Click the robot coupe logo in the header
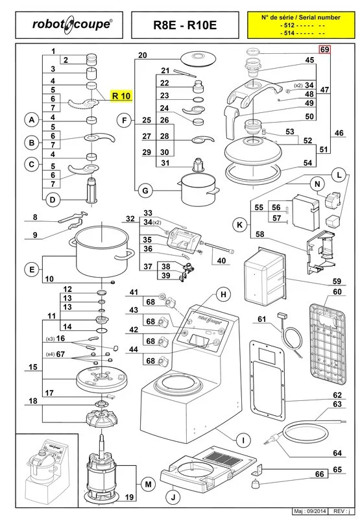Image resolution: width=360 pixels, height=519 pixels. point(72,25)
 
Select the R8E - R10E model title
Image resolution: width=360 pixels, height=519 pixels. point(185,25)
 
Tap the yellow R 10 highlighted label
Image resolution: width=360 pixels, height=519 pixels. point(121,95)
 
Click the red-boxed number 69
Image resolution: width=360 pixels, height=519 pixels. point(324,49)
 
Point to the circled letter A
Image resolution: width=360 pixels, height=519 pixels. point(32,119)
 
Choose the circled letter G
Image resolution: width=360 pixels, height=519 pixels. point(145,191)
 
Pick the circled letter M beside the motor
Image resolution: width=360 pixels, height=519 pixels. point(148,485)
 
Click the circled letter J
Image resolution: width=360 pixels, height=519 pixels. point(173,497)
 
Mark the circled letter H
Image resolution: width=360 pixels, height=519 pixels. point(223,295)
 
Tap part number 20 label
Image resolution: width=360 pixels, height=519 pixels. point(142,55)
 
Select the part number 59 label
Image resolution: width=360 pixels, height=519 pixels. point(337,281)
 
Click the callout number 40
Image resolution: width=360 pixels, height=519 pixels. point(221,261)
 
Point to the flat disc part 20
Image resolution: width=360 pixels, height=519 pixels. point(198,59)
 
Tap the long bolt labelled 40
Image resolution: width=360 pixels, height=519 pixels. point(220,248)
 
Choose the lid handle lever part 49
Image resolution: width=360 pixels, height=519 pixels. point(231,122)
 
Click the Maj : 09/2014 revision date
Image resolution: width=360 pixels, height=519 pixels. point(310,511)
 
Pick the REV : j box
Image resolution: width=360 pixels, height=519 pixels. point(339,511)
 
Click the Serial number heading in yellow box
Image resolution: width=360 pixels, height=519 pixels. point(300,18)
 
